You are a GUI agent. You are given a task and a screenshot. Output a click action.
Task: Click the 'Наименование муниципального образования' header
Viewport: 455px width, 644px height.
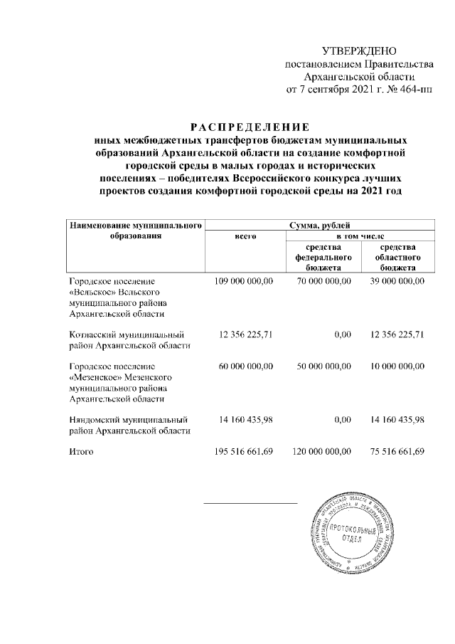click(x=134, y=231)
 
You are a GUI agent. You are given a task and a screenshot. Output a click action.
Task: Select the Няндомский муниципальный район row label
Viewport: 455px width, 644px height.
click(x=129, y=425)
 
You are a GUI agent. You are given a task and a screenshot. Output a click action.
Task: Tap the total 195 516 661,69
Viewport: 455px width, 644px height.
click(x=244, y=451)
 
